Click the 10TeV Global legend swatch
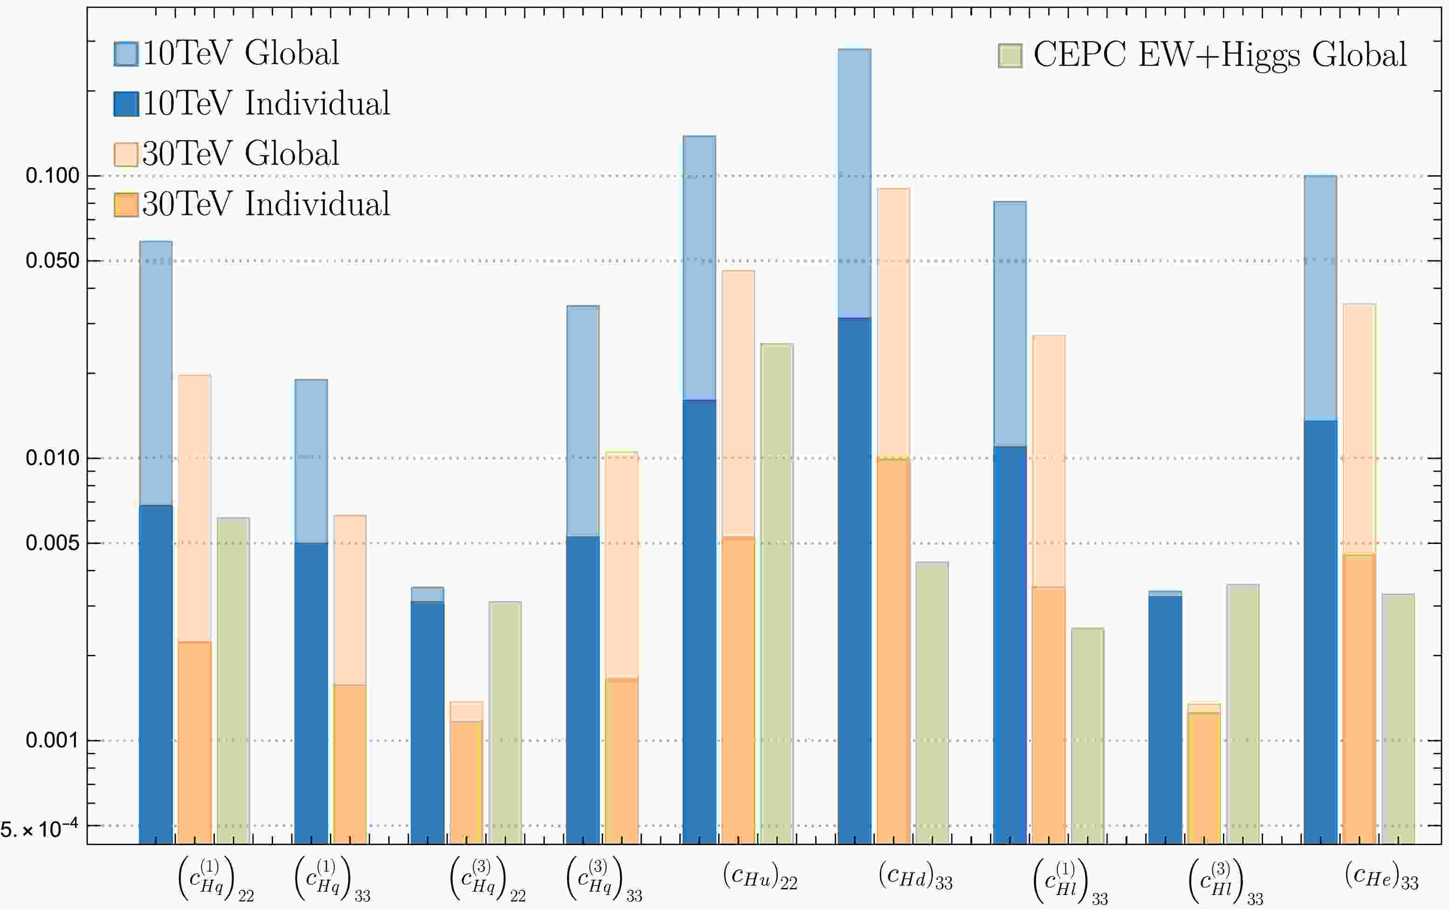pyautogui.click(x=126, y=54)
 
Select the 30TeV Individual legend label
pyautogui.click(x=266, y=203)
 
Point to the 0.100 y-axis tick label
pyautogui.click(x=53, y=176)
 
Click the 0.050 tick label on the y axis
pyautogui.click(x=53, y=260)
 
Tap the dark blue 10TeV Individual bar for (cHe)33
pyautogui.click(x=1320, y=631)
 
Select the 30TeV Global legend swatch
pyautogui.click(x=126, y=154)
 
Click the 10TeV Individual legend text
pyautogui.click(x=266, y=103)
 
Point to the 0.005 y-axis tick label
pyautogui.click(x=53, y=543)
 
